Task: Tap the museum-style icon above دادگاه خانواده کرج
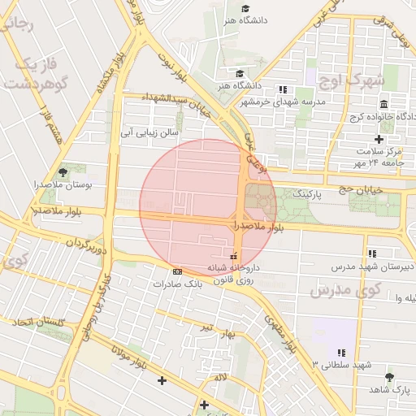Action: (x=383, y=103)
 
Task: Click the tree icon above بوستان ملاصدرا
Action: (x=63, y=172)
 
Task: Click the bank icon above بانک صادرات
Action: (x=177, y=271)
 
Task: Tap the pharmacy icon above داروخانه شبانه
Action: (x=234, y=257)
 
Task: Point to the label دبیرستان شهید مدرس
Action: (x=373, y=266)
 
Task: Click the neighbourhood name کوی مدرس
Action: (x=345, y=290)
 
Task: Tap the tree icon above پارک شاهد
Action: (x=389, y=377)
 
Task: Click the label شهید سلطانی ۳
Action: (x=336, y=365)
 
